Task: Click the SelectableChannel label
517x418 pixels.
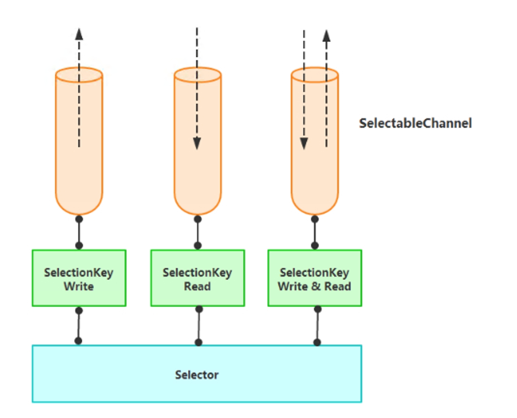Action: pyautogui.click(x=415, y=123)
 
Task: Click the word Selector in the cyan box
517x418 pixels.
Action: pyautogui.click(x=197, y=375)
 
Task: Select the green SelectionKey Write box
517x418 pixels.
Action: pyautogui.click(x=79, y=278)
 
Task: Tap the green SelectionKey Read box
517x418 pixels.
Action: pyautogui.click(x=197, y=278)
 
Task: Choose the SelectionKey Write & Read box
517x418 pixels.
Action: pyautogui.click(x=315, y=278)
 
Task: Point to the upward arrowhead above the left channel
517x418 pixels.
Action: pyautogui.click(x=79, y=34)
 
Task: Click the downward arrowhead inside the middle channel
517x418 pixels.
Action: pyautogui.click(x=197, y=143)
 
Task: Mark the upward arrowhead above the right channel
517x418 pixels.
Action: pyautogui.click(x=326, y=36)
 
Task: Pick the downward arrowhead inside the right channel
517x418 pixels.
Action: pyautogui.click(x=304, y=143)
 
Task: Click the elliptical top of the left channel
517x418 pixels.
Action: pyautogui.click(x=79, y=75)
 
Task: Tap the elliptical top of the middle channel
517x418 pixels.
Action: pyautogui.click(x=197, y=75)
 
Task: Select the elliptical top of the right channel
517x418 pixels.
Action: pyautogui.click(x=315, y=75)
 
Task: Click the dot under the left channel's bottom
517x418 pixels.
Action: pyautogui.click(x=79, y=219)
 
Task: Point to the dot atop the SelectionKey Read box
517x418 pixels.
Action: pyautogui.click(x=198, y=246)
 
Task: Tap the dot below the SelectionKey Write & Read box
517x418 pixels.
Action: pyautogui.click(x=317, y=309)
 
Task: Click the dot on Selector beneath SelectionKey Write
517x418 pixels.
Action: pyautogui.click(x=78, y=341)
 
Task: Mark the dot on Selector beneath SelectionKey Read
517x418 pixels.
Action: pyautogui.click(x=199, y=343)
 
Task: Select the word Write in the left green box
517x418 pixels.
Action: pyautogui.click(x=79, y=286)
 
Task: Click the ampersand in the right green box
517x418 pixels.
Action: pyautogui.click(x=316, y=286)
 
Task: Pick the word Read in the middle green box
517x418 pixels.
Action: pyautogui.click(x=197, y=286)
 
